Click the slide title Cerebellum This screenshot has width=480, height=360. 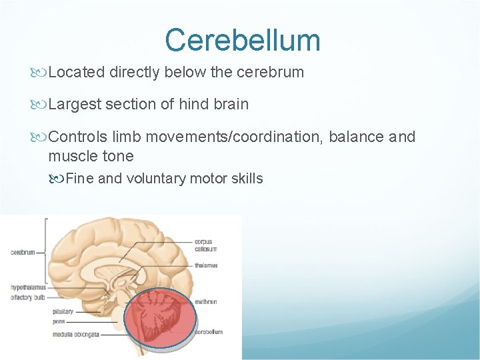pos(243,39)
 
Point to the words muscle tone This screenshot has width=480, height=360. pos(91,157)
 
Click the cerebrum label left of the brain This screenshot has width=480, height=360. pos(23,252)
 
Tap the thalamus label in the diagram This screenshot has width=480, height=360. pos(206,265)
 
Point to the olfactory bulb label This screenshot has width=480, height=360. pos(27,297)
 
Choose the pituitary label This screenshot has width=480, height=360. pos(63,311)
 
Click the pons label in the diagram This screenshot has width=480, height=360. pos(59,321)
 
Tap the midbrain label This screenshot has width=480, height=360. pos(206,301)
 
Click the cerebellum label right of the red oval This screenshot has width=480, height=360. pos(209,331)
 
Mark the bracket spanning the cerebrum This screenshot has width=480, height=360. pos(45,252)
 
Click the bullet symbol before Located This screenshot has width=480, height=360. pos(41,72)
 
